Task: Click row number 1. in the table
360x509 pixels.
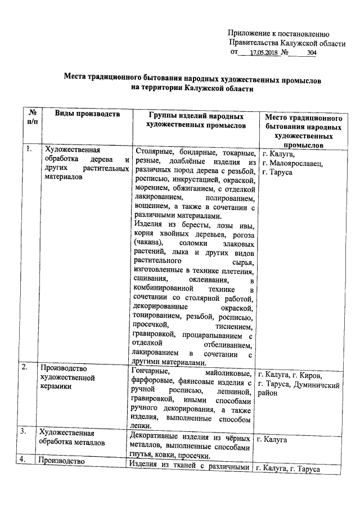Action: click(27, 149)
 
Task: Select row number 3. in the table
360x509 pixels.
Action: click(26, 432)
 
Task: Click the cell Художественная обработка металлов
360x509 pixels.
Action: click(71, 438)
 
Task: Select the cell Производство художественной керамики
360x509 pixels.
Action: click(68, 377)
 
